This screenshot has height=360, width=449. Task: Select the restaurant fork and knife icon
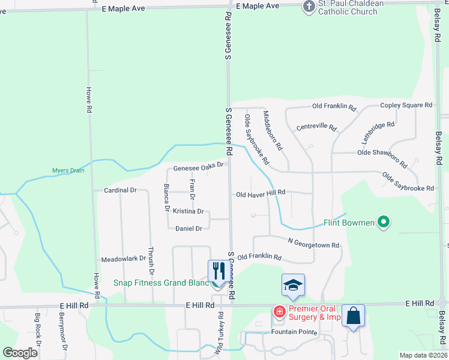click(217, 271)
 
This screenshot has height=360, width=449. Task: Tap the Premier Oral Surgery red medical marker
click(279, 312)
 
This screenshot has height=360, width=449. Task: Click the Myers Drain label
click(68, 170)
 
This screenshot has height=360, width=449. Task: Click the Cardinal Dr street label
click(121, 190)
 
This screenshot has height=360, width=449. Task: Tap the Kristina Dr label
click(188, 211)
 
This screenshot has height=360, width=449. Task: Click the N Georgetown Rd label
click(313, 244)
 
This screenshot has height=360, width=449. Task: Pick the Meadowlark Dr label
click(124, 259)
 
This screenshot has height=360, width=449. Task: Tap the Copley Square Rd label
click(406, 105)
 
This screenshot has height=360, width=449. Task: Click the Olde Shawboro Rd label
click(382, 157)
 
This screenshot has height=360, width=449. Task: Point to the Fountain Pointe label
click(293, 332)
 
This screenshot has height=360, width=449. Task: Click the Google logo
click(20, 353)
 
